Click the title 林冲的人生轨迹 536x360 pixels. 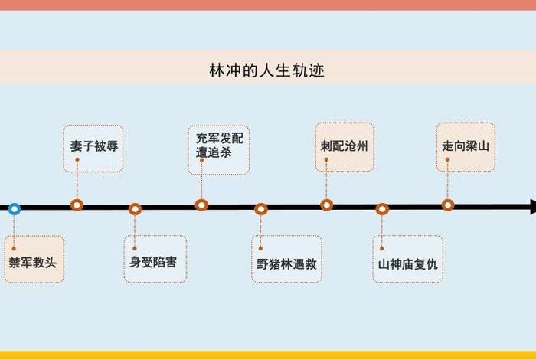[x=267, y=70]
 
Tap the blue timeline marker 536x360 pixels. [x=14, y=208]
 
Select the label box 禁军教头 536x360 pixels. [x=32, y=261]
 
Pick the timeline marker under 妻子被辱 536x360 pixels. [x=77, y=205]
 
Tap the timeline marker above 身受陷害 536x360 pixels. [x=135, y=208]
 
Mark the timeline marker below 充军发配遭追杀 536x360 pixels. [x=201, y=205]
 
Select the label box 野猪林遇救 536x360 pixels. [x=286, y=261]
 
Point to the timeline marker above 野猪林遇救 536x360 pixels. [x=261, y=208]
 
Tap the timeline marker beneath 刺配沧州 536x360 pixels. [x=327, y=205]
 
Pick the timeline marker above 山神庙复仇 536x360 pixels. [x=382, y=208]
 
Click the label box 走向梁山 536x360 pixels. [x=466, y=146]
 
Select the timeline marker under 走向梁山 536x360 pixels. [x=448, y=205]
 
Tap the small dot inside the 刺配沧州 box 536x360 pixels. [x=326, y=159]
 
